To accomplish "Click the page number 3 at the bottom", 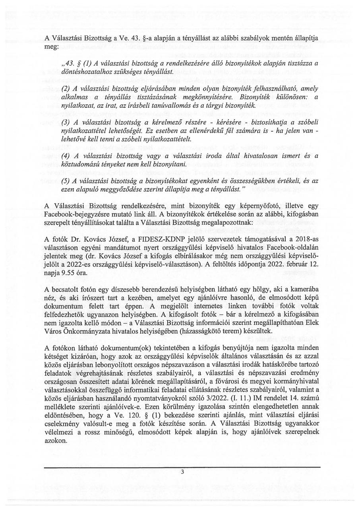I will click(182, 473).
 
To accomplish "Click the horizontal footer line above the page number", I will click(182, 468).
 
